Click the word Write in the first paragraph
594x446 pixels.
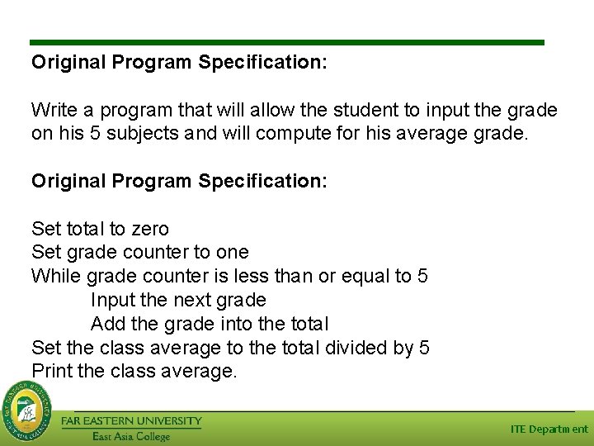51,110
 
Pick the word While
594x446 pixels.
55,276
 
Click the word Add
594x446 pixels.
106,324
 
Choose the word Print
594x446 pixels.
51,372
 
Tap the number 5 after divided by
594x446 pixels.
424,348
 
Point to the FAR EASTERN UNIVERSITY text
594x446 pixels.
131,421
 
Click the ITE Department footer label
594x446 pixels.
549,429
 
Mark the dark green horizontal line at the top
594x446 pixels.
287,42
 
